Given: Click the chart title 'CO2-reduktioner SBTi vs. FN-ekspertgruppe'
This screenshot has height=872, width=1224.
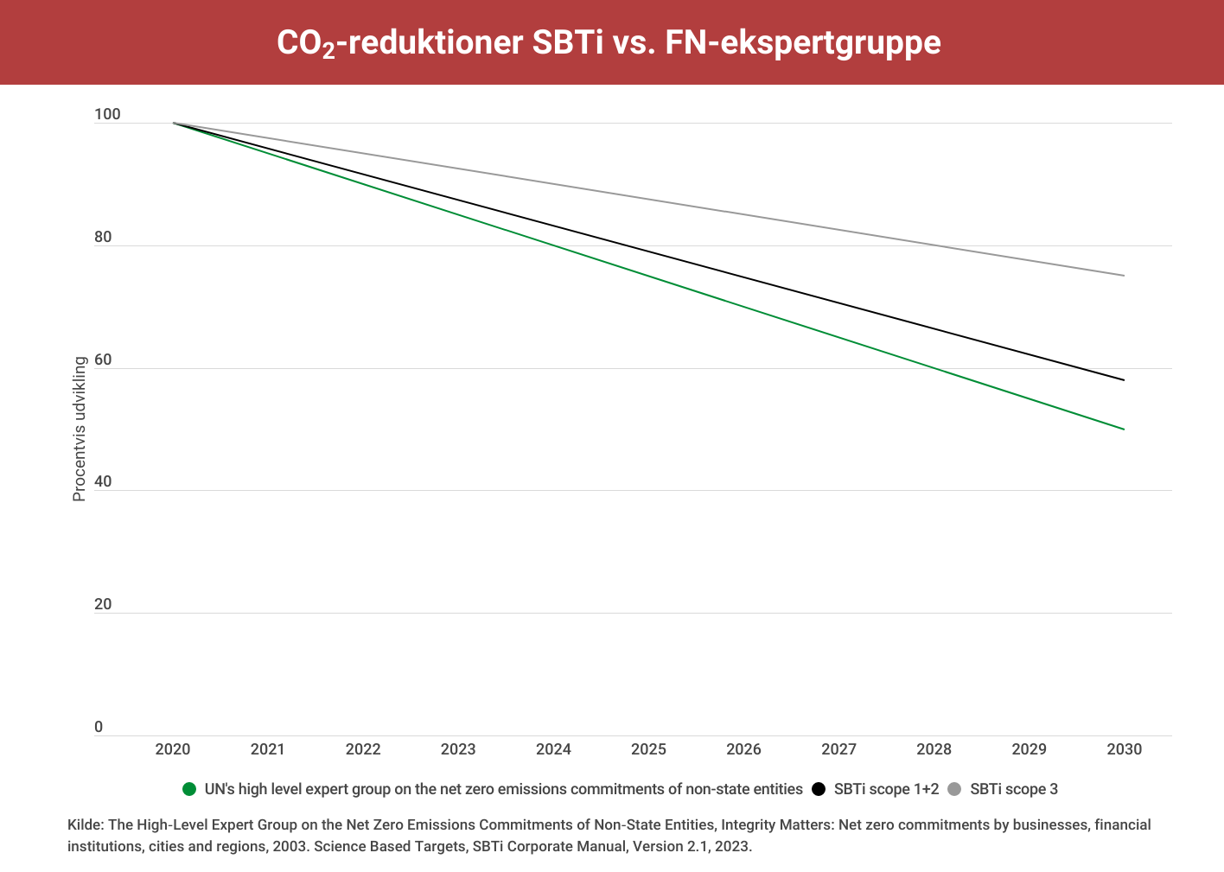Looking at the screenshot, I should pos(609,42).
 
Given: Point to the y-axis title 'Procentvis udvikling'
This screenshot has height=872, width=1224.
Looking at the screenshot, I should pos(80,429).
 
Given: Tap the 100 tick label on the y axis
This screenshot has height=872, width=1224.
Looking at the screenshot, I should pos(107,115).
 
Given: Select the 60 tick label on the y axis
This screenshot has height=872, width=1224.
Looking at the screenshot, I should pos(103,360).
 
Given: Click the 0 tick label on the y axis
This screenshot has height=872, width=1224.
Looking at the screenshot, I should pos(99,727).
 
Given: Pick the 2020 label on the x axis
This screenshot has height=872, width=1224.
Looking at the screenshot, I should pos(173,749).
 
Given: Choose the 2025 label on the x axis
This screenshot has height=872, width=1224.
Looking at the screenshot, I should pos(648,749).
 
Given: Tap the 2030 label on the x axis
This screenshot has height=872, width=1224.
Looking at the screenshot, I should pos(1124,749).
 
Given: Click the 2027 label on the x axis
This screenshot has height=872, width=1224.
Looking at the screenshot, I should pos(838,749).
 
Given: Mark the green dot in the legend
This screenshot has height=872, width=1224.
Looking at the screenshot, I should pos(189,789).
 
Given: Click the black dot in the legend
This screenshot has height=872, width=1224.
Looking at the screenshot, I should pos(819,789).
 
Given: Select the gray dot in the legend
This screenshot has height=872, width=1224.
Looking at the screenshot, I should pos(954,789).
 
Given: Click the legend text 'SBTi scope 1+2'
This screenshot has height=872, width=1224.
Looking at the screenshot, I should pos(886,789).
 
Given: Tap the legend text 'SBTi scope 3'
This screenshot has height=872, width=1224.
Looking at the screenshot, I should pos(1014,789).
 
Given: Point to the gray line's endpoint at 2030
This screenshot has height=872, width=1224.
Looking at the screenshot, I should pos(1124,276).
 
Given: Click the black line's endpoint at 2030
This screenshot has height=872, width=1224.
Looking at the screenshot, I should pos(1124,380).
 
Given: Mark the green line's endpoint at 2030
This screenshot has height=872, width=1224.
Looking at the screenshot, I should pos(1124,430).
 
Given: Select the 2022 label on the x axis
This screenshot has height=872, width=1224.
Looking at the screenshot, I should pos(363,749).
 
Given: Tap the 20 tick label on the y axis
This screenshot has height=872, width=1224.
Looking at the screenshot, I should pos(103,604).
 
